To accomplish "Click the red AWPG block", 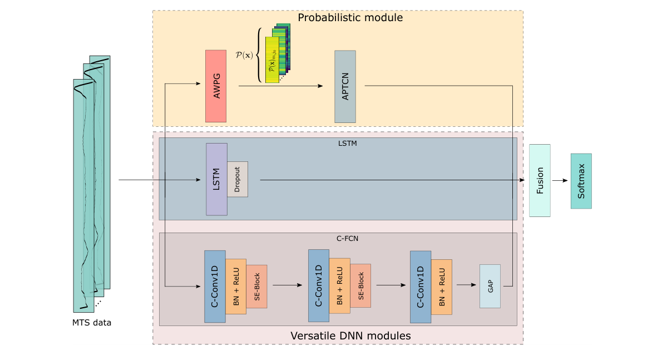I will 216,86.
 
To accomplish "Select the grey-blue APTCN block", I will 345,86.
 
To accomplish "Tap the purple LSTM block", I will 216,179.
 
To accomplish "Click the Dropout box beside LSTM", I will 237,179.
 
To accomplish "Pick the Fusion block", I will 540,180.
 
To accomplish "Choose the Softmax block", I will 581,181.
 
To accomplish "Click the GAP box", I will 490,286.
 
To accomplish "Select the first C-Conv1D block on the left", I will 215,286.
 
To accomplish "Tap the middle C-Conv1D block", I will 319,285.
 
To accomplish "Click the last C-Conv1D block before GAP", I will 421,287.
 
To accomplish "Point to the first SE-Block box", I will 256,287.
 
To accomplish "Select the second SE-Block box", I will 360,285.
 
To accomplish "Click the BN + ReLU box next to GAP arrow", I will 442,287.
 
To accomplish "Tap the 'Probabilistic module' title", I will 350,18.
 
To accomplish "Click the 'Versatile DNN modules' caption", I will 350,336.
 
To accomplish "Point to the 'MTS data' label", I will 92,322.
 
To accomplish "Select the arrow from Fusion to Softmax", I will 560,180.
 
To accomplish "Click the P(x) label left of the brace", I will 244,56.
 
